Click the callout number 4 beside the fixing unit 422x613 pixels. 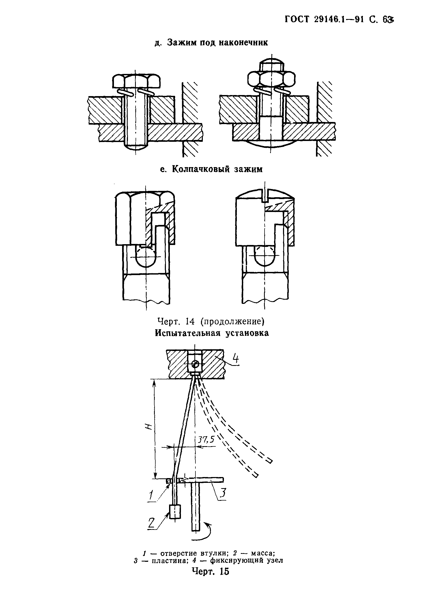coord(235,360)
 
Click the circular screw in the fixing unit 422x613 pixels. coord(196,365)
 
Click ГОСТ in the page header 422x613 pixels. coord(297,19)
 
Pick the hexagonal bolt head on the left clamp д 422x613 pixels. coord(136,81)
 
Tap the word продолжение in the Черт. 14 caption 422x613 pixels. coord(232,322)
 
